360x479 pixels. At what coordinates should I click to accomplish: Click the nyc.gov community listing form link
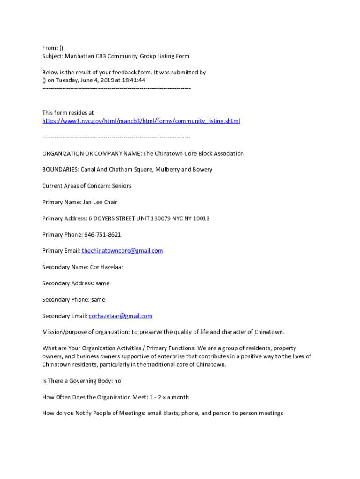click(x=141, y=121)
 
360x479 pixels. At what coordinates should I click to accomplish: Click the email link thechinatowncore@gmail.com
click(x=122, y=251)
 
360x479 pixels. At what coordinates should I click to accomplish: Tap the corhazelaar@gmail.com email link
click(x=120, y=316)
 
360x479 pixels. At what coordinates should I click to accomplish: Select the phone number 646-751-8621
click(x=102, y=234)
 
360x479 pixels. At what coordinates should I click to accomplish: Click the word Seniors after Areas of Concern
click(x=121, y=186)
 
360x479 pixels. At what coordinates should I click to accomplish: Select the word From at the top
click(x=49, y=48)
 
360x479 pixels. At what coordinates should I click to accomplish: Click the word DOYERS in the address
click(x=107, y=218)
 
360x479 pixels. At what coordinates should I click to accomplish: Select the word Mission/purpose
click(x=65, y=332)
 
